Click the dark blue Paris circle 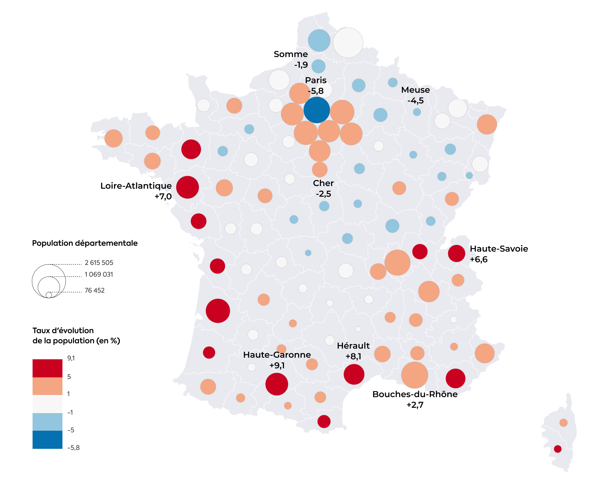pos(317,110)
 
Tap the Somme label pos(290,54)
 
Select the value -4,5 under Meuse pos(415,100)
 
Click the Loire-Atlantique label pos(136,186)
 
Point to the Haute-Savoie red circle pos(456,253)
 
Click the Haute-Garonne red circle pos(277,384)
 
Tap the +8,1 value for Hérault pos(353,356)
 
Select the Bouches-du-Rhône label pos(415,394)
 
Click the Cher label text pos(323,183)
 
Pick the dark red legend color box pos(48,368)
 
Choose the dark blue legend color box pos(48,439)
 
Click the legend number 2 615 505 pos(99,263)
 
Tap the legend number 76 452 pos(94,290)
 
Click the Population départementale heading pos(85,243)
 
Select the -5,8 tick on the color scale pos(73,447)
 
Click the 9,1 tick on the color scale pos(71,358)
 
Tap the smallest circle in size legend pos(49,295)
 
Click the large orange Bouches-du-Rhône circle pos(415,375)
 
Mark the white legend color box pos(48,404)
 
